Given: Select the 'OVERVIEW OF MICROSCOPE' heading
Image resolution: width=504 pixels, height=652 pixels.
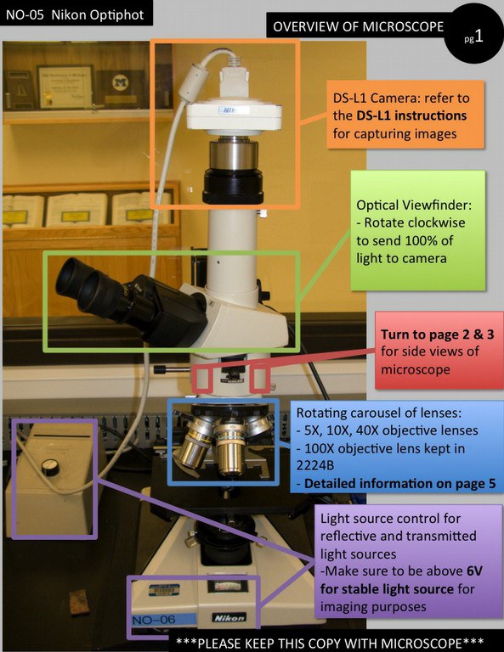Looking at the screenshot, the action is tap(358, 26).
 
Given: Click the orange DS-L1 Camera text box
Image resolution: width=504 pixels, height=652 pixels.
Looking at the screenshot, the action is tap(405, 115).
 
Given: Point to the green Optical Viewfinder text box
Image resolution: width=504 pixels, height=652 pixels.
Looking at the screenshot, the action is tap(418, 230).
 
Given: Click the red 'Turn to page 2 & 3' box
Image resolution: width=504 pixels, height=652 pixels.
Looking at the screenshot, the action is tap(439, 351).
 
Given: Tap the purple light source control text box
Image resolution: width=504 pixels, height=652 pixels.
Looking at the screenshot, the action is tap(408, 561).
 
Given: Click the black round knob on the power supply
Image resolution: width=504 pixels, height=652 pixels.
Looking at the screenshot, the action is tap(50, 468).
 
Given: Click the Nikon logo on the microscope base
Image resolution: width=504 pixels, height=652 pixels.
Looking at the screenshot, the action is tap(229, 618).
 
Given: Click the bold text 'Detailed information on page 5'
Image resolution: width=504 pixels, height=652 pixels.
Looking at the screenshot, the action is tap(400, 484).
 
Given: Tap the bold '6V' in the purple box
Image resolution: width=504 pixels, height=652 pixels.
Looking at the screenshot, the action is tap(474, 570).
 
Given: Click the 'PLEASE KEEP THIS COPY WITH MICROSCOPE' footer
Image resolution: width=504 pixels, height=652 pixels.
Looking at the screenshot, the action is tap(330, 643).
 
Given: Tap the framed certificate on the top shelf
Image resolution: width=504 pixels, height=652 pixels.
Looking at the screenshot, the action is tap(65, 87).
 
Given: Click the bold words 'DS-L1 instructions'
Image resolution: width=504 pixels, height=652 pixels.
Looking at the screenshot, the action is tap(411, 115).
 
